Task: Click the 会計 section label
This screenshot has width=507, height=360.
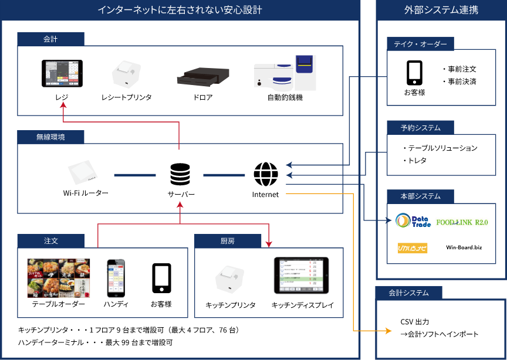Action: pos(50,39)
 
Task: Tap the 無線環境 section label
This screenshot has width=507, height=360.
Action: pos(50,137)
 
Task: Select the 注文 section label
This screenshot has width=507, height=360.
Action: pos(50,240)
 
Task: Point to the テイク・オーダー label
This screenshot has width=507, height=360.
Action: pos(420,44)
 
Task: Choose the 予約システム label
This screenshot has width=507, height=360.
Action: pos(420,127)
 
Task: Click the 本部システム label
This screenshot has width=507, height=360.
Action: pos(420,196)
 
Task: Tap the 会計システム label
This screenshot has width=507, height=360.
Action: pos(408,293)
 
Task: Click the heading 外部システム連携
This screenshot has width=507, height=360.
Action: pos(441,10)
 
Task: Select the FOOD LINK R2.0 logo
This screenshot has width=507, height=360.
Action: pos(462,222)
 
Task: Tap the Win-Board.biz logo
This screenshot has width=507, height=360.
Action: pos(464,247)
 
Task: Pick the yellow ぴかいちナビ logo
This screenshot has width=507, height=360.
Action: pos(413,248)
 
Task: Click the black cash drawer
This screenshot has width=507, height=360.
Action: pos(203,76)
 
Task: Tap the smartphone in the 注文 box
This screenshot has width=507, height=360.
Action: pos(116,279)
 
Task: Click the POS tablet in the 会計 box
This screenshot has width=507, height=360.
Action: pos(62,73)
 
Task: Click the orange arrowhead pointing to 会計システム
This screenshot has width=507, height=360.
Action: pos(388,331)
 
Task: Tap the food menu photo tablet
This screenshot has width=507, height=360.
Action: pos(58,278)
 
